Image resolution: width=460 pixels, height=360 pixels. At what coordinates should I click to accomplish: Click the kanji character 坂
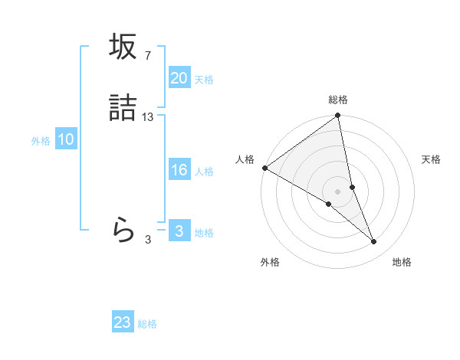pyautogui.click(x=123, y=47)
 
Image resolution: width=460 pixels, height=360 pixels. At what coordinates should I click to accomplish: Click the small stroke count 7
pyautogui.click(x=147, y=56)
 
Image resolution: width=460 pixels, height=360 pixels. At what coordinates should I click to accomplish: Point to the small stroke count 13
pyautogui.click(x=148, y=117)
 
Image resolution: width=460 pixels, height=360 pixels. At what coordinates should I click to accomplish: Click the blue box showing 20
pyautogui.click(x=179, y=78)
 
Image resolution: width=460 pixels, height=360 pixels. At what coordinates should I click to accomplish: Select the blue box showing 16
pyautogui.click(x=179, y=171)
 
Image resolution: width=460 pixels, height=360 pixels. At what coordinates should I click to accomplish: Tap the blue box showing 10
pyautogui.click(x=66, y=140)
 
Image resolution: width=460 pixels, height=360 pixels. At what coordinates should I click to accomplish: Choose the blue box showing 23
pyautogui.click(x=123, y=323)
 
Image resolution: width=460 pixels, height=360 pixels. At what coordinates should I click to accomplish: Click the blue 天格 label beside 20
pyautogui.click(x=204, y=80)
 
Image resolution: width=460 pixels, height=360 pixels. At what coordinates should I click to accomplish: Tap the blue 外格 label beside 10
pyautogui.click(x=41, y=141)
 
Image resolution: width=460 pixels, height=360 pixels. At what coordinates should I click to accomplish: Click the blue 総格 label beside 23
pyautogui.click(x=148, y=324)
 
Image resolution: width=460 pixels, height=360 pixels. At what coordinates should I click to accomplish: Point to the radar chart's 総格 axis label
pyautogui.click(x=338, y=100)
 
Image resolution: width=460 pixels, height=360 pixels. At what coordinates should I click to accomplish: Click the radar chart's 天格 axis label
pyautogui.click(x=432, y=159)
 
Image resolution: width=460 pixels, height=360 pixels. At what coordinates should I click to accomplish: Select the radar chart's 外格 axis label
pyautogui.click(x=270, y=262)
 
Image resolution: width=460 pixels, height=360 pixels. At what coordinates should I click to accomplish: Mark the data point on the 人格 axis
pyautogui.click(x=264, y=168)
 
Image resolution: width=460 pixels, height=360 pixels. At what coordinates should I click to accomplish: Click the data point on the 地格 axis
pyautogui.click(x=374, y=242)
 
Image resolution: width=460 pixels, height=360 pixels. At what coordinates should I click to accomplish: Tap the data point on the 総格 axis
pyautogui.click(x=338, y=116)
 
